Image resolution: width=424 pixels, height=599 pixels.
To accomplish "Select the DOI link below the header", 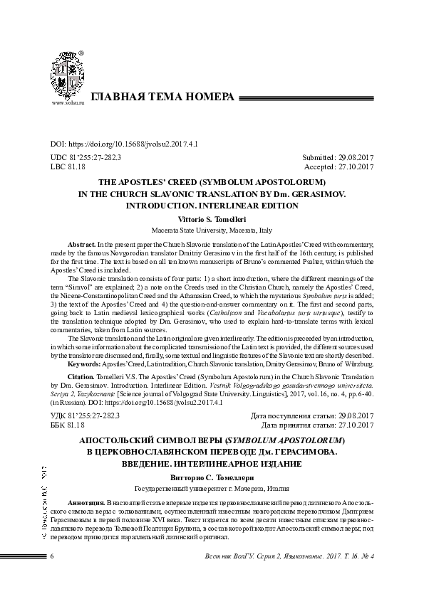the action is [x=124, y=143].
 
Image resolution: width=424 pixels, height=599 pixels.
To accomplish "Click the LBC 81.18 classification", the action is [x=68, y=167].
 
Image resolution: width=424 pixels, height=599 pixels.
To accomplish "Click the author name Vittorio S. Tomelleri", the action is [x=212, y=220].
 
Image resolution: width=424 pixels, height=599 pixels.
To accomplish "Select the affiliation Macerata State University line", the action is [x=212, y=230].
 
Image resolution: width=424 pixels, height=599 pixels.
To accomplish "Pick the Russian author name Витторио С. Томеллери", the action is [x=212, y=478].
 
